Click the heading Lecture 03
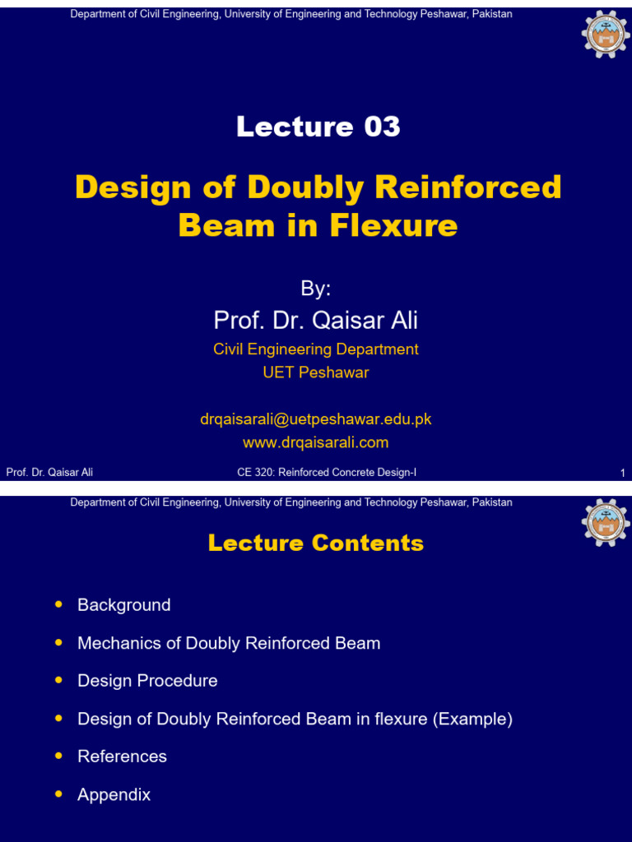[318, 127]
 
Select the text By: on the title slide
[316, 289]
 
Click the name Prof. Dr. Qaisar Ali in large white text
[316, 320]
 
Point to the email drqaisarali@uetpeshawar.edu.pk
[316, 419]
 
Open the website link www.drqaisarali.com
[316, 442]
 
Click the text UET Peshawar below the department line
[316, 372]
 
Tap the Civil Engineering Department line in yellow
[316, 349]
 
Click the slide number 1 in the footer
[622, 473]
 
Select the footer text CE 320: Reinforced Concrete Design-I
[327, 472]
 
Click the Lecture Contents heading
[316, 543]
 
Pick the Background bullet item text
[124, 605]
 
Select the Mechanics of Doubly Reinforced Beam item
[229, 643]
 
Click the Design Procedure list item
[147, 681]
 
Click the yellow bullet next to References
[58, 756]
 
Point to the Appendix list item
[114, 794]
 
